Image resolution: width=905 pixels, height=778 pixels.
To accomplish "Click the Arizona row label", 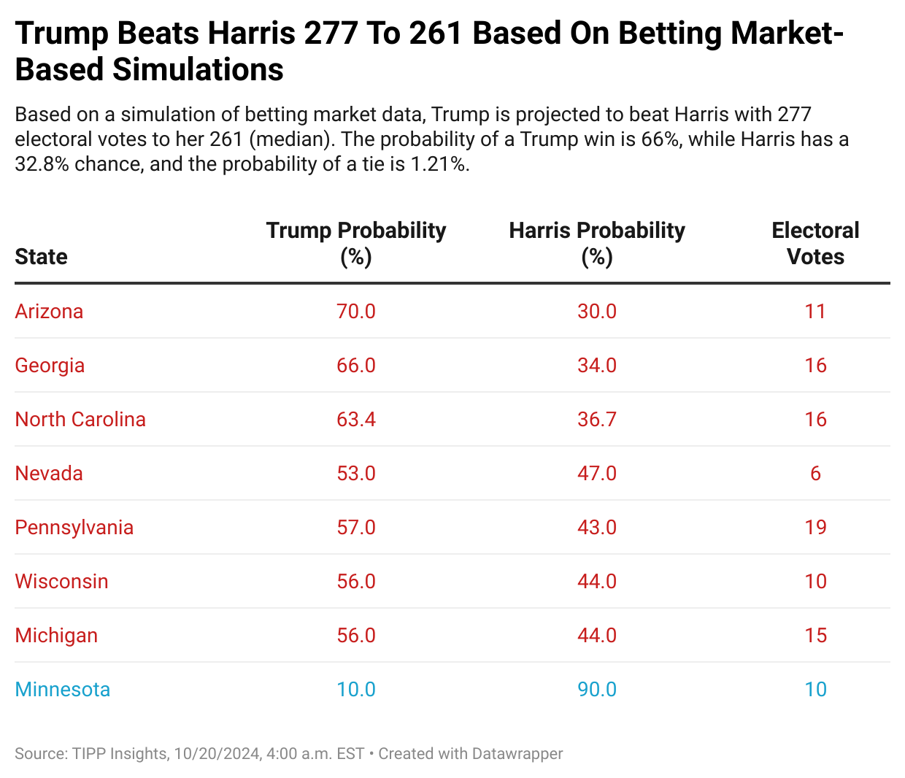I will [x=49, y=312].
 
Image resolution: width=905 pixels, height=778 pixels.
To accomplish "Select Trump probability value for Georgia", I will [x=356, y=366].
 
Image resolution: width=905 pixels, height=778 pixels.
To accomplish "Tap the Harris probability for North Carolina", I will [x=597, y=420].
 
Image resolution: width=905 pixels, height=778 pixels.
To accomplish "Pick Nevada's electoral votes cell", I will [x=815, y=474].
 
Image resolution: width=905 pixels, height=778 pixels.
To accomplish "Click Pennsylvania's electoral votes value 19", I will [x=815, y=528].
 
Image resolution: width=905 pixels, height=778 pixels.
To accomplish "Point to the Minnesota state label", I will [x=63, y=690].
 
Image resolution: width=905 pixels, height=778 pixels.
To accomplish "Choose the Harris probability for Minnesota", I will [x=597, y=690].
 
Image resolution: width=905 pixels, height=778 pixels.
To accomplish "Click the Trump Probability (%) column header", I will [x=356, y=243].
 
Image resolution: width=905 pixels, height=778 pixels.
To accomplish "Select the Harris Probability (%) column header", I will [x=597, y=243].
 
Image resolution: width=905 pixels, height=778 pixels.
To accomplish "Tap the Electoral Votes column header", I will [x=815, y=243].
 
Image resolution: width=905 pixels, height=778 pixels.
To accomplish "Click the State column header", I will [x=42, y=257].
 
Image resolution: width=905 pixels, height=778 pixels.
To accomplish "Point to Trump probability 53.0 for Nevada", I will [x=356, y=474].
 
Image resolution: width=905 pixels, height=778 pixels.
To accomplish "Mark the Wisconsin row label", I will [x=62, y=582].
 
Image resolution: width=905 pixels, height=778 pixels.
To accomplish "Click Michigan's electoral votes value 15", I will [x=815, y=636].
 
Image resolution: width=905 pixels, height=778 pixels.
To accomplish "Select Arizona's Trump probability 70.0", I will [x=356, y=312].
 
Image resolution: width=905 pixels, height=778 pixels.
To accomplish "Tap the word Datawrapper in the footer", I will [x=517, y=754].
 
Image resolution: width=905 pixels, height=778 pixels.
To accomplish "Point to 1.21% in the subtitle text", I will [x=438, y=164].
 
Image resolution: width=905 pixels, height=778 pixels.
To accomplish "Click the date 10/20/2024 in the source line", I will [x=217, y=754].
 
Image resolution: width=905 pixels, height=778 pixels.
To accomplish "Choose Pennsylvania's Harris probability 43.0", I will [x=597, y=528].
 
